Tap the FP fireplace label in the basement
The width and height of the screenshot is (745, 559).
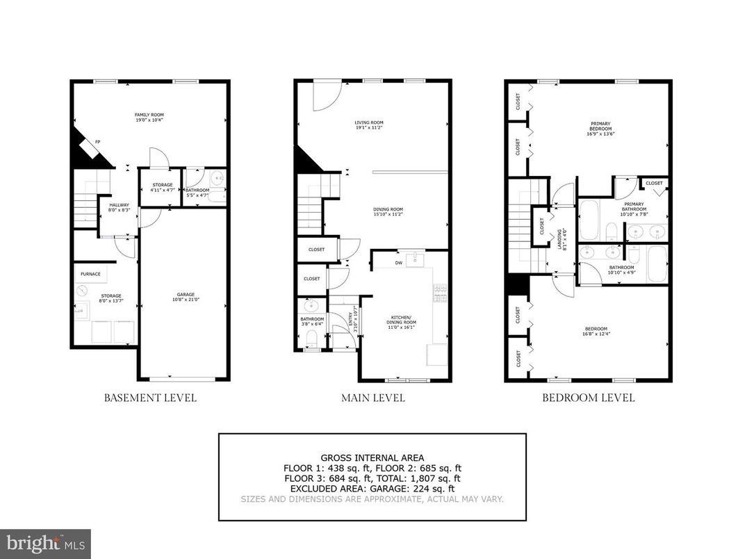[97, 141]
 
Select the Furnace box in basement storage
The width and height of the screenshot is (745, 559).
[90, 274]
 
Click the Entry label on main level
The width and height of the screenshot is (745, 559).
[349, 320]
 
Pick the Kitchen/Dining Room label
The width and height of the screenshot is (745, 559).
[401, 320]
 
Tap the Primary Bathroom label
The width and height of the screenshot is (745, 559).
[634, 207]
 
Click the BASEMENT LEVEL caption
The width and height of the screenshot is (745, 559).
[150, 398]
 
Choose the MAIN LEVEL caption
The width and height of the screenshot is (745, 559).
[372, 398]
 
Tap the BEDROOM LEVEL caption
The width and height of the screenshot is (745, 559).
[588, 398]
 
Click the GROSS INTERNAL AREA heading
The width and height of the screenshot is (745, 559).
[372, 457]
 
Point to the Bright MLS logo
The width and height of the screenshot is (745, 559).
[45, 543]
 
